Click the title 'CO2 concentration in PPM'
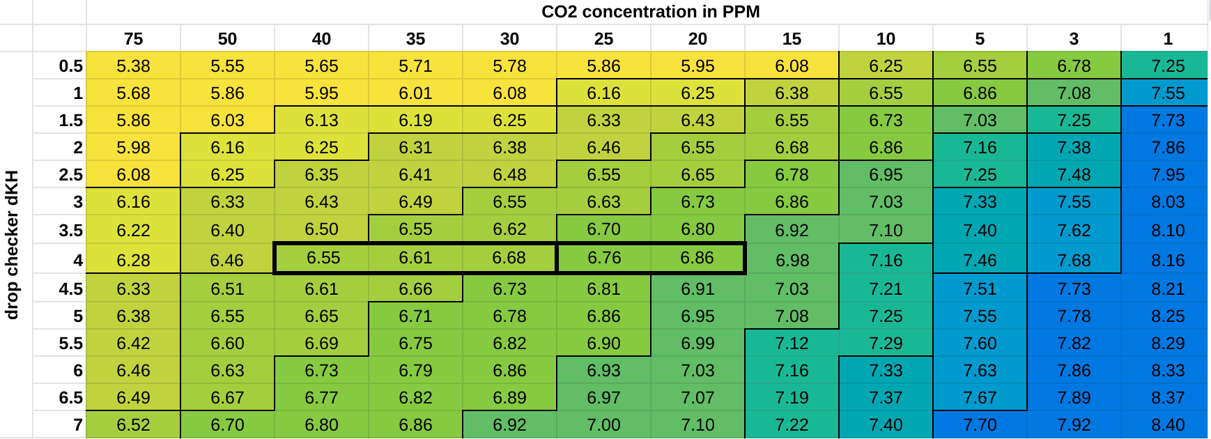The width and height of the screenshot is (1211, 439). pyautogui.click(x=650, y=12)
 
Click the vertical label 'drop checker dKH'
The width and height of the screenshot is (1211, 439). pyautogui.click(x=12, y=245)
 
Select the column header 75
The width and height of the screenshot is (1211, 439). pyautogui.click(x=133, y=39)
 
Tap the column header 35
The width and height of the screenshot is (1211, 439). pyautogui.click(x=415, y=39)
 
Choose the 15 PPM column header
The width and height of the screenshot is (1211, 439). pyautogui.click(x=792, y=39)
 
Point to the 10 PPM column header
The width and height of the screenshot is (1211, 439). pyautogui.click(x=886, y=39)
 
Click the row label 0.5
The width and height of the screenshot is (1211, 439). pyautogui.click(x=71, y=66)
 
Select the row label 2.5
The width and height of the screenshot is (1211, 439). pyautogui.click(x=71, y=175)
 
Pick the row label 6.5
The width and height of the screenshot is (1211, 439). pyautogui.click(x=71, y=398)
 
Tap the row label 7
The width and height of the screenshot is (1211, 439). pyautogui.click(x=78, y=425)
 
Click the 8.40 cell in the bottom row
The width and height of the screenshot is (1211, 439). pyautogui.click(x=1168, y=425)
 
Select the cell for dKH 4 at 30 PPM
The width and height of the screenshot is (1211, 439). pyautogui.click(x=509, y=258)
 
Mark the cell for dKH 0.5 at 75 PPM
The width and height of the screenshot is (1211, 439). pyautogui.click(x=133, y=66)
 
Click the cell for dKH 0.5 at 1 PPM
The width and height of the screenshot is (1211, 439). pyautogui.click(x=1168, y=66)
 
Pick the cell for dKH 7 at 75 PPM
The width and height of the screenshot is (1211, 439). pyautogui.click(x=133, y=425)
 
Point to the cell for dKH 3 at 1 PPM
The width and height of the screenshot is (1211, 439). pyautogui.click(x=1168, y=202)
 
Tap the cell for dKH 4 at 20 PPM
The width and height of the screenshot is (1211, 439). pyautogui.click(x=697, y=258)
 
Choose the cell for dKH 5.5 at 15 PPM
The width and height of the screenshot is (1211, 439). pyautogui.click(x=792, y=344)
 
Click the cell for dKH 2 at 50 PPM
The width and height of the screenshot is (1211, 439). pyautogui.click(x=227, y=148)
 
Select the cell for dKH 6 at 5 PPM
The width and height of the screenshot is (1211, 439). pyautogui.click(x=980, y=371)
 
